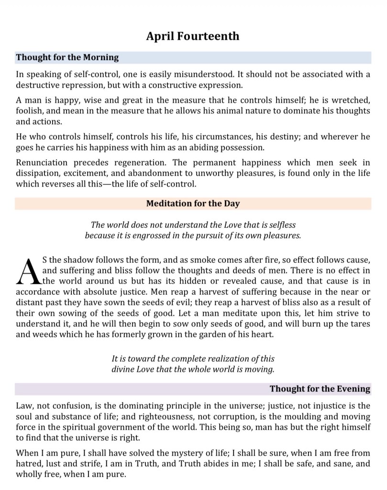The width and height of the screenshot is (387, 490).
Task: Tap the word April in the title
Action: [160, 36]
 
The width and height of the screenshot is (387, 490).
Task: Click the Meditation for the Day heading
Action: [193, 203]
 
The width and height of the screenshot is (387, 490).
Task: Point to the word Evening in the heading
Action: [354, 389]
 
